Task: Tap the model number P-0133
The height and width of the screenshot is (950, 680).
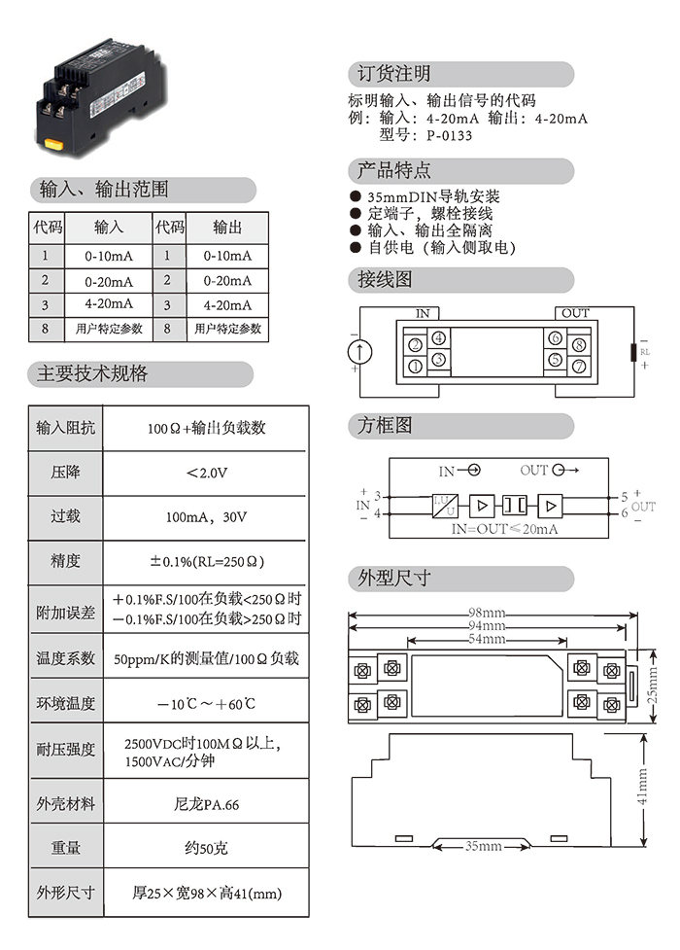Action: pos(449,136)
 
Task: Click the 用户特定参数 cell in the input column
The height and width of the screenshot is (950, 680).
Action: pos(109,330)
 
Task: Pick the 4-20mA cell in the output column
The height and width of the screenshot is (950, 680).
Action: pos(227,304)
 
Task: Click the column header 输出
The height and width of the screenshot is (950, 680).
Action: pos(227,227)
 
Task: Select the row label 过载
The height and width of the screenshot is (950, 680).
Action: pos(66,518)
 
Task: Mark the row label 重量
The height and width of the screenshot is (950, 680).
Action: pos(66,849)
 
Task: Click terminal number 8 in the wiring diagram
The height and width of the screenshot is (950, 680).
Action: pos(578,345)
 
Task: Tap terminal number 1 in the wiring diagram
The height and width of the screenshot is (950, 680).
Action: pos(415,367)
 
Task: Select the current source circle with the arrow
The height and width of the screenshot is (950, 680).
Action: pos(360,352)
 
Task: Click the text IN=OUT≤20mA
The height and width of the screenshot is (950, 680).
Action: pos(503,529)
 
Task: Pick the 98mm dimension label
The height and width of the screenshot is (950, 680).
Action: pos(486,614)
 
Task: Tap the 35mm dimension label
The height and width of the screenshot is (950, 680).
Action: pos(483,847)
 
